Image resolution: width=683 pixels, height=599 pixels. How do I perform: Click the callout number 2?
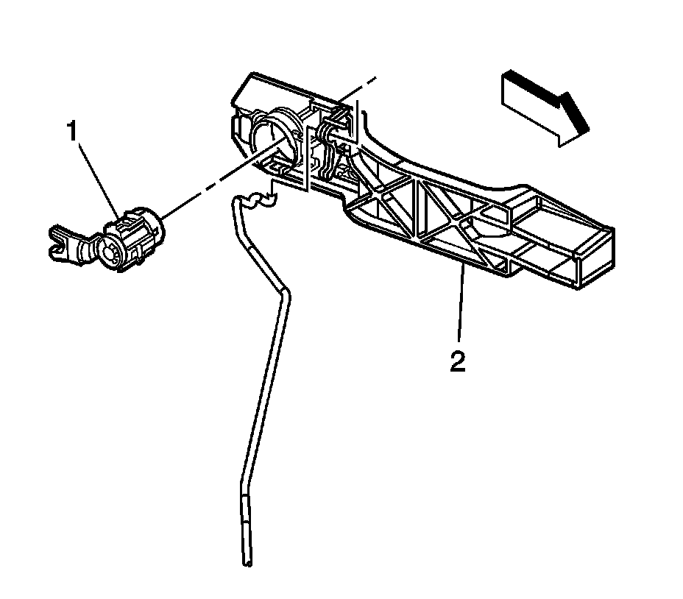coord(458,362)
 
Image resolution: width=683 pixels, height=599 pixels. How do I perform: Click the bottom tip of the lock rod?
coord(246,564)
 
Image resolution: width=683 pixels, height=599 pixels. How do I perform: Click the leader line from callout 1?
coord(96,177)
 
